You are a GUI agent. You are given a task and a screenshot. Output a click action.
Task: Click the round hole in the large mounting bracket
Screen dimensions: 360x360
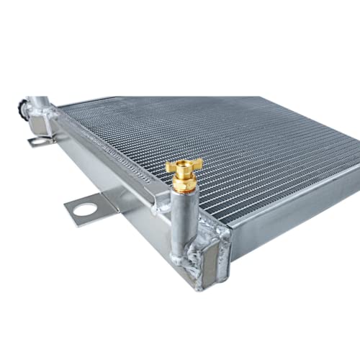point(85,210)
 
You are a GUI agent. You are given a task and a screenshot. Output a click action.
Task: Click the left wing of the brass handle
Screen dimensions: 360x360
point(171,167)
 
